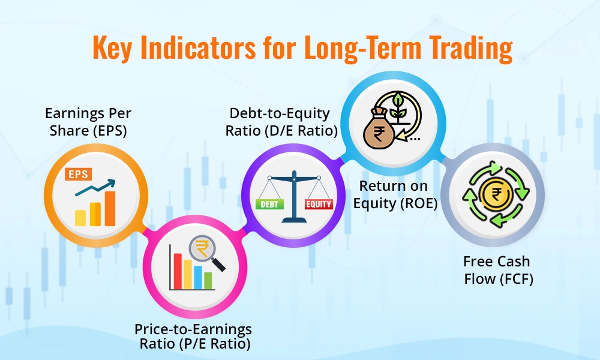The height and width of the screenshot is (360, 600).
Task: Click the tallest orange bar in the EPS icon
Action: tap(110, 208)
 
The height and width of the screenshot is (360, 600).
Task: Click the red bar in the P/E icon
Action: tap(178, 271)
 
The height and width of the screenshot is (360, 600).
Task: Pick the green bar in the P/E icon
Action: tap(208, 280)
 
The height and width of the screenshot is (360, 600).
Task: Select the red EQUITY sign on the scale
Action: tap(318, 204)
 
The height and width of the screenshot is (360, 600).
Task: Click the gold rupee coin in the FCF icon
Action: tap(493, 196)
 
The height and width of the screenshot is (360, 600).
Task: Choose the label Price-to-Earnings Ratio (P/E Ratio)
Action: tap(193, 336)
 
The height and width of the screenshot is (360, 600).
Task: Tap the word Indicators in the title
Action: tap(221, 48)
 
